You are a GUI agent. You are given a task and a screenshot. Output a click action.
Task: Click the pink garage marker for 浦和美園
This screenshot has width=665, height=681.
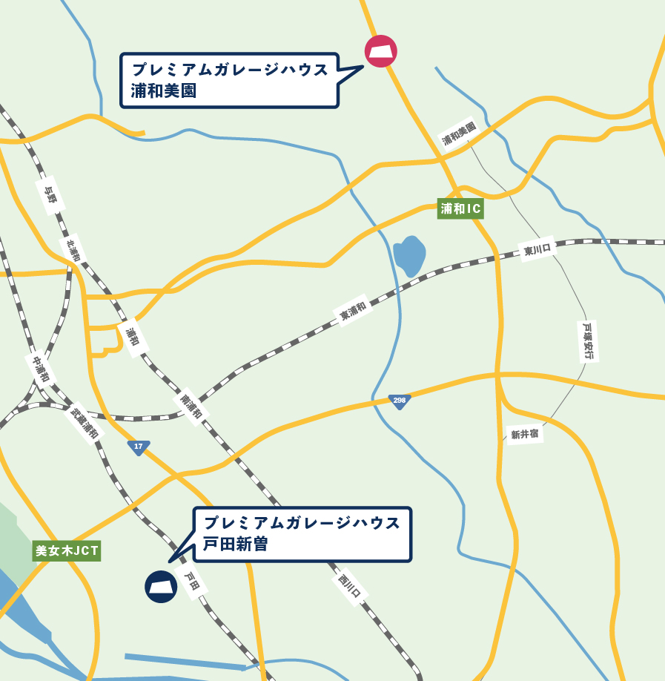coord(381,51)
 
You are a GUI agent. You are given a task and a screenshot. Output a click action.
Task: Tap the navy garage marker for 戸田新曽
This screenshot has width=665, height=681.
coord(161,586)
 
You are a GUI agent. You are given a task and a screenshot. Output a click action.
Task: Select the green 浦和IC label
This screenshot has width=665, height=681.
coord(460,209)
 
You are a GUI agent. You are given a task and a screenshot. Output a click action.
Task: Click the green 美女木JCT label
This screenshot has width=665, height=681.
coord(67,551)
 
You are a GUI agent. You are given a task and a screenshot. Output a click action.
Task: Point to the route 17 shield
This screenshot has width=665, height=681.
coord(138,447)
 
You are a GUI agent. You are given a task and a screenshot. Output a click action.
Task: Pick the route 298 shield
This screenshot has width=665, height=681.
coord(400,401)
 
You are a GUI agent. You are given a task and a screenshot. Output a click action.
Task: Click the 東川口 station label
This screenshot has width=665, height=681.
coord(538,251)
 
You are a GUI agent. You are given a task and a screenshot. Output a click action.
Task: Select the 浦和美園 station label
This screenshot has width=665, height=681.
coord(458,134)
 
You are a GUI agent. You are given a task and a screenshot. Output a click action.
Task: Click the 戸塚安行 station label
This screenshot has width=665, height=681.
coord(588,340)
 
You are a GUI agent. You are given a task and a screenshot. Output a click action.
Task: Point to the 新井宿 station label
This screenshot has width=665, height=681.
coord(524,434)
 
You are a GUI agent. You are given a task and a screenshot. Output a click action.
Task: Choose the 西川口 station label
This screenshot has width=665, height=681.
coord(349,585)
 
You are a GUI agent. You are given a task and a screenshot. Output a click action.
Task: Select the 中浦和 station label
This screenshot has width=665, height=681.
coord(41,369)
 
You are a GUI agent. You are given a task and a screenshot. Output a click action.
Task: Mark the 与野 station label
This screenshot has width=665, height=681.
coord(50,194)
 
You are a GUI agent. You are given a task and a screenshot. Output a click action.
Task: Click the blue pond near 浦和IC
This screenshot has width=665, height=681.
coord(409,255)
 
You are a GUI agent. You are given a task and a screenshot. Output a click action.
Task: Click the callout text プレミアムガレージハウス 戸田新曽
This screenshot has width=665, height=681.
coord(302,533)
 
